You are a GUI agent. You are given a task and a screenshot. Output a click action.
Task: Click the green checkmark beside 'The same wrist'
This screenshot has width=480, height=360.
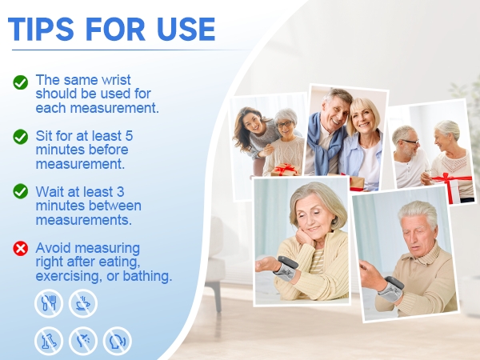pyautogui.click(x=21, y=82)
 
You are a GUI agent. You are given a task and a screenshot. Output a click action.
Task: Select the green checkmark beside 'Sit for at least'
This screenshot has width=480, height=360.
pyautogui.click(x=21, y=137)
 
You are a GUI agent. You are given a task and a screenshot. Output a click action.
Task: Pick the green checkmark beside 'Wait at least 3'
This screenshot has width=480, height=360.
pyautogui.click(x=21, y=192)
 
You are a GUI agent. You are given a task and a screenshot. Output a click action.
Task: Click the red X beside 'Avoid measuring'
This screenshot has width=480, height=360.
pyautogui.click(x=21, y=248)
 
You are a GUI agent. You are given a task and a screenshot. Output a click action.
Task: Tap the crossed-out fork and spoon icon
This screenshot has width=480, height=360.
pyautogui.click(x=48, y=303)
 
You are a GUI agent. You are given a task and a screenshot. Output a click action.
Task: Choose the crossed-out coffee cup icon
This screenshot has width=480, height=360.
pyautogui.click(x=82, y=303)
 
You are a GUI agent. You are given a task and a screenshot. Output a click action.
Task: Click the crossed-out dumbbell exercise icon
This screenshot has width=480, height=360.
pyautogui.click(x=48, y=341)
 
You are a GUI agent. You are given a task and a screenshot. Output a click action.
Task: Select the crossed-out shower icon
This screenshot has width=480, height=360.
pyautogui.click(x=82, y=341)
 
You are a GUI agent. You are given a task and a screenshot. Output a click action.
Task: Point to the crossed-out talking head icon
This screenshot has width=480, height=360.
pyautogui.click(x=117, y=341)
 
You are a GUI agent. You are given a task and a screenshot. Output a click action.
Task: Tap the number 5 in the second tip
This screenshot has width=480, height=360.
pyautogui.click(x=129, y=136)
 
